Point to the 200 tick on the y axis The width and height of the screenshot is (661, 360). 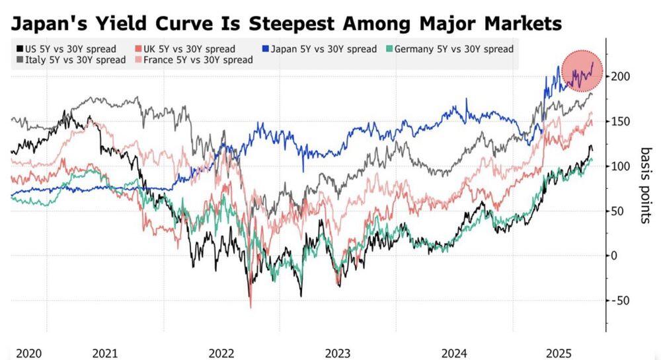(x=620, y=77)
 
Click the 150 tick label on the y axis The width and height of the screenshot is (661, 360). (x=620, y=122)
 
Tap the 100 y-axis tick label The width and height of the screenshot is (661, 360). (x=620, y=166)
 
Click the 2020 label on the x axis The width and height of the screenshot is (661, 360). (x=28, y=353)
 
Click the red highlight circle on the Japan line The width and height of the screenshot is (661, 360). (x=582, y=71)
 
